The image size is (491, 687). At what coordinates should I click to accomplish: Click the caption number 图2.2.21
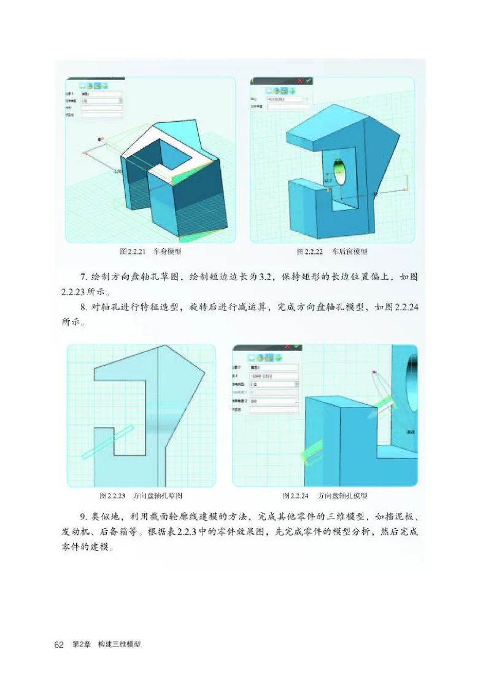[x=133, y=252]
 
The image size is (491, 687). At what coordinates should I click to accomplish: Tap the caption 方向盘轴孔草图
[x=158, y=495]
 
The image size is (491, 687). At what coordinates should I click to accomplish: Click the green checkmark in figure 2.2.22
[x=308, y=80]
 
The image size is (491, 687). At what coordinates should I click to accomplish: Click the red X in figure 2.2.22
[x=300, y=80]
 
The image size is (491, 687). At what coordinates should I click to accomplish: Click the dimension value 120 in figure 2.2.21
[x=118, y=171]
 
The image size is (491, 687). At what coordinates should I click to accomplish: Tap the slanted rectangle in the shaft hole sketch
[x=107, y=441]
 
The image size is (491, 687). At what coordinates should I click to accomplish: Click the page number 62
[x=59, y=645]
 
